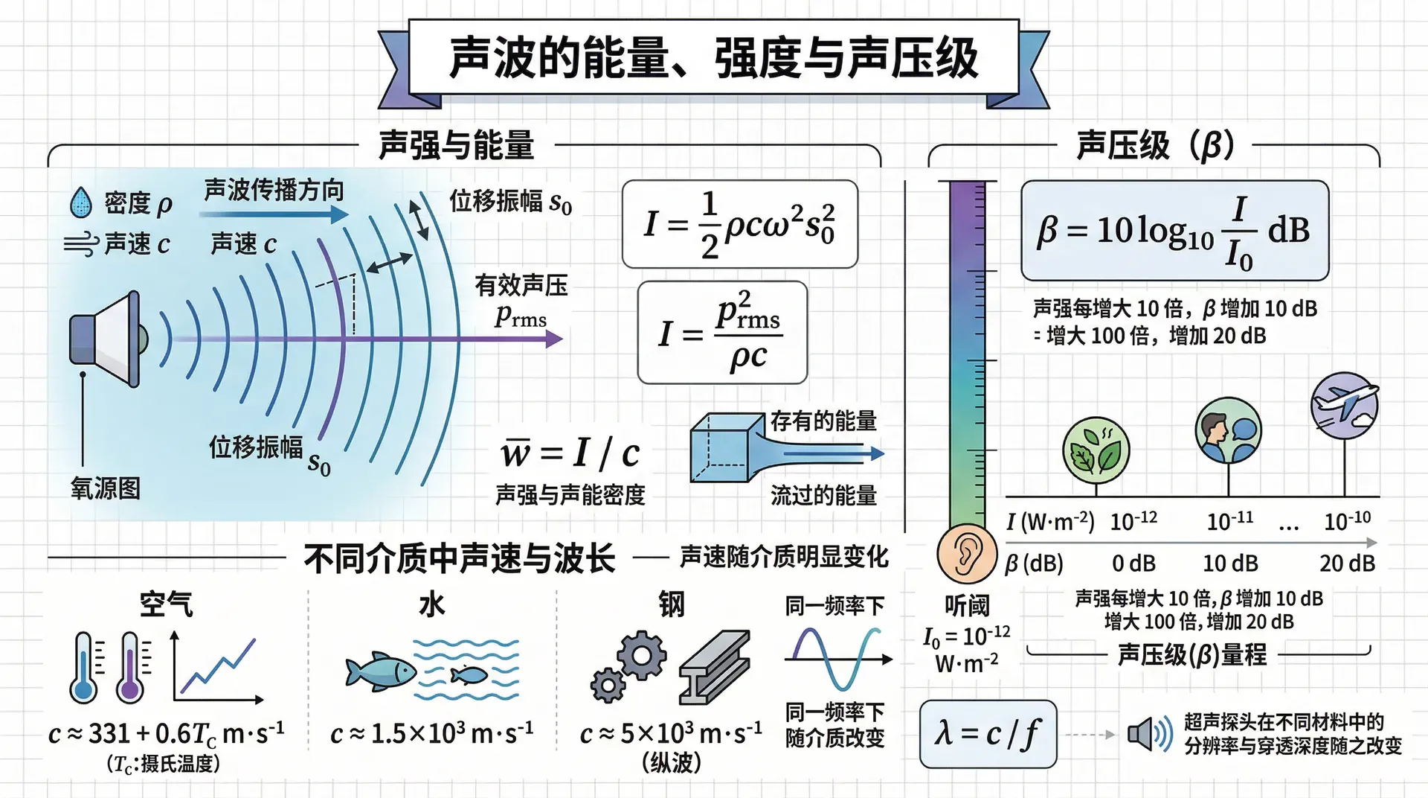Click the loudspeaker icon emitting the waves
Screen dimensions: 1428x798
coord(107,339)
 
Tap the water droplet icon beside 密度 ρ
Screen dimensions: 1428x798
coord(80,202)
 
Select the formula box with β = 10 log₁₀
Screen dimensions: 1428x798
coord(1174,230)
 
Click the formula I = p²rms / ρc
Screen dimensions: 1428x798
coord(722,332)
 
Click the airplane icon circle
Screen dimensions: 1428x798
coord(1345,406)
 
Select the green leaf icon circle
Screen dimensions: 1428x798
coord(1096,450)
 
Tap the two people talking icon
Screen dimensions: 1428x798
coord(1229,430)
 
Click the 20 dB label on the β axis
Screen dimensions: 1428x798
coord(1347,564)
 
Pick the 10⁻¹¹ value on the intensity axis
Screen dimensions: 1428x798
coord(1229,520)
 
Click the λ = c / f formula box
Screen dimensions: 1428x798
coord(988,734)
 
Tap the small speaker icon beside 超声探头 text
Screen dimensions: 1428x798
coord(1150,735)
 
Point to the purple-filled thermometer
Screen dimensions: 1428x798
coord(131,668)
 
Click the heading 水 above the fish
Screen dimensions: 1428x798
coord(431,604)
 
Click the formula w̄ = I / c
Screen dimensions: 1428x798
coord(570,453)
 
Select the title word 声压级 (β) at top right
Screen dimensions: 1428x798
coord(1155,145)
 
